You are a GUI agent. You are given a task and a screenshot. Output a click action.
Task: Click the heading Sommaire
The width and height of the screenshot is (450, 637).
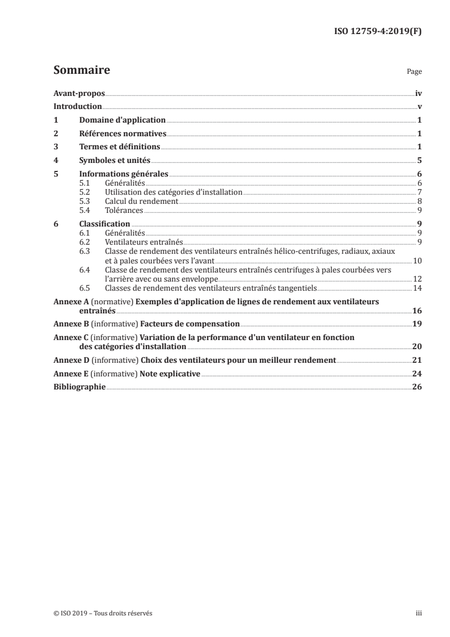point(82,71)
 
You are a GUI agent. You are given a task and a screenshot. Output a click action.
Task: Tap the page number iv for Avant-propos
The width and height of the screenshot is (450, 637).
point(418,93)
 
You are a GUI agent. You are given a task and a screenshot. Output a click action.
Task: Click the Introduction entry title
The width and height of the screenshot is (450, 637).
point(78,107)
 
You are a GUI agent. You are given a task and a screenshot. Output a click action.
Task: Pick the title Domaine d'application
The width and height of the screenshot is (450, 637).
point(122,120)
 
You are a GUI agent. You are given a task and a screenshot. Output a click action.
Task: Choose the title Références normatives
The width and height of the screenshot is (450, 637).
point(123,134)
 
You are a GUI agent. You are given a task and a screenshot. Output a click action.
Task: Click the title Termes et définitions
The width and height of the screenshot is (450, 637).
point(120,148)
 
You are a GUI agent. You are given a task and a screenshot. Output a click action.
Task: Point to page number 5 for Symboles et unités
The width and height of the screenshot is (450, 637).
point(419,161)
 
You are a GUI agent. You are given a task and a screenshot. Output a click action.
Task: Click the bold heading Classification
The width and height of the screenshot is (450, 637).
point(105,224)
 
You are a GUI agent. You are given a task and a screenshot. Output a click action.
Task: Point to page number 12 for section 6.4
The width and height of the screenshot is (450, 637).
point(417,279)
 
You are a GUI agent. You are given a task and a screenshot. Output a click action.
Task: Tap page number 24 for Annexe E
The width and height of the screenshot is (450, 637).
point(417,374)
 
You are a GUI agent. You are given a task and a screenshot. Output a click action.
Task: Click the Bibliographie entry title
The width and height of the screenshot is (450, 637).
point(79,387)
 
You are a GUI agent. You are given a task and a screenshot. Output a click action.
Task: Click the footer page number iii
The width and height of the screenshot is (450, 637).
point(419,614)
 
